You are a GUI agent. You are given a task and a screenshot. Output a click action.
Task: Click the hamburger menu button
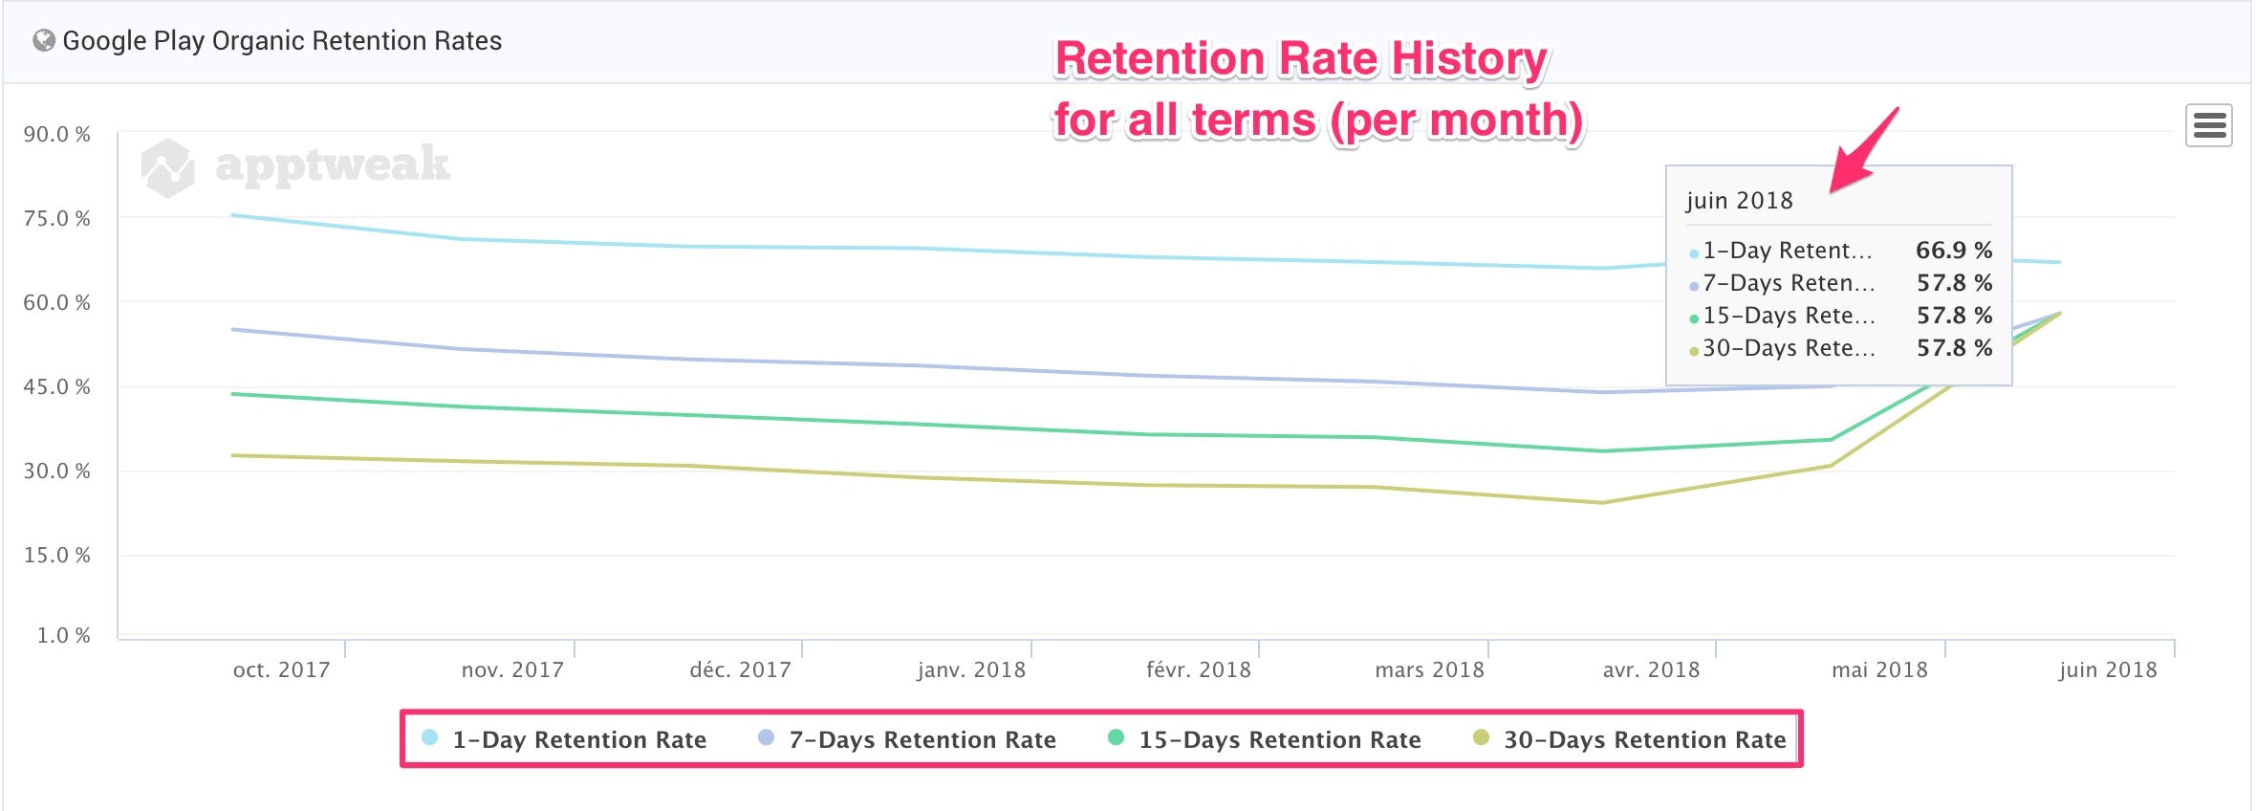pyautogui.click(x=2208, y=125)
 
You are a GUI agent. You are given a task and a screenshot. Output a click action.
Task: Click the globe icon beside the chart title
pyautogui.click(x=43, y=40)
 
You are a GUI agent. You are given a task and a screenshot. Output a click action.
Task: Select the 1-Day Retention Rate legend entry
pyautogui.click(x=578, y=739)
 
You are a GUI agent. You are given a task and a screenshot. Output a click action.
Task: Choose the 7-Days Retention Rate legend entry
pyautogui.click(x=922, y=739)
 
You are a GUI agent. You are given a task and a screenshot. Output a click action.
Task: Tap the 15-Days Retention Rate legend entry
pyautogui.click(x=1279, y=739)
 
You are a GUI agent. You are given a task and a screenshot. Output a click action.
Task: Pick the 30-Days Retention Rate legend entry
pyautogui.click(x=1643, y=739)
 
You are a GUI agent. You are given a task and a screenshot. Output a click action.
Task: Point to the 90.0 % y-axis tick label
pyautogui.click(x=57, y=135)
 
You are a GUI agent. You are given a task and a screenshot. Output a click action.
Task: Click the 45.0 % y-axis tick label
pyautogui.click(x=57, y=387)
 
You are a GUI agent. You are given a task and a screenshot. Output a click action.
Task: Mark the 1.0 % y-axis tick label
pyautogui.click(x=64, y=636)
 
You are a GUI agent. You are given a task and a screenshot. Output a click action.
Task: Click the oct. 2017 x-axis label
pyautogui.click(x=281, y=670)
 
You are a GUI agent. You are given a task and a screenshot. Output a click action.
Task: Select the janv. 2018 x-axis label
pyautogui.click(x=971, y=670)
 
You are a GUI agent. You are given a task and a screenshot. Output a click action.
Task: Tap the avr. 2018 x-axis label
pyautogui.click(x=1651, y=670)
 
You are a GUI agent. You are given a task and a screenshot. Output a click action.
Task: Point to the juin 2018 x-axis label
pyautogui.click(x=2108, y=670)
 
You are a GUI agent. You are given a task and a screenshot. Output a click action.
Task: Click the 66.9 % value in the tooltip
pyautogui.click(x=1954, y=251)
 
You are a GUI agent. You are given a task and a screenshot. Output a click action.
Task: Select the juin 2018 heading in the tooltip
pyautogui.click(x=1739, y=201)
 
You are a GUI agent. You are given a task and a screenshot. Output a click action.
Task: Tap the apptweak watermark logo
pyautogui.click(x=296, y=165)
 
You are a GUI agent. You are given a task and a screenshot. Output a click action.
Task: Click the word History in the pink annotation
pyautogui.click(x=1468, y=59)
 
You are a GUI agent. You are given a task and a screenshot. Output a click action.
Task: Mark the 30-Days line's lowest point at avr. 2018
pyautogui.click(x=1603, y=503)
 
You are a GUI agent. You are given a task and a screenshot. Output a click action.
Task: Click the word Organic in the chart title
pyautogui.click(x=258, y=41)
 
